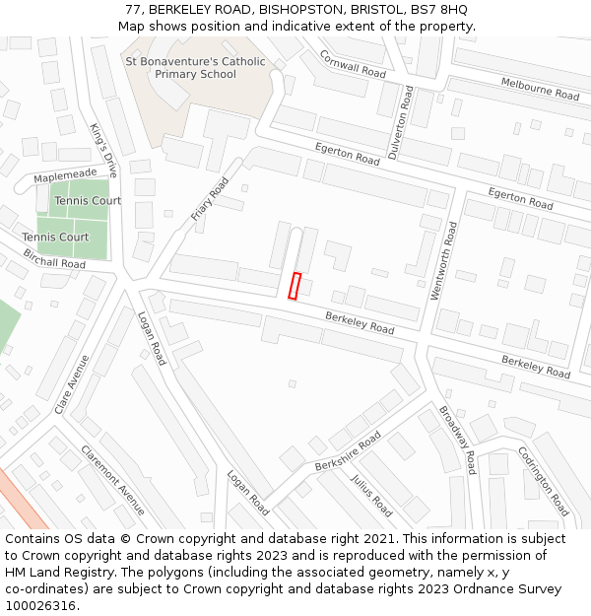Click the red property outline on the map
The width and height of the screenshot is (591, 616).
pyautogui.click(x=294, y=285)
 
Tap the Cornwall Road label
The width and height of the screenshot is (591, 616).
pyautogui.click(x=353, y=64)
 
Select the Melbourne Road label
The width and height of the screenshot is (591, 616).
pyautogui.click(x=540, y=89)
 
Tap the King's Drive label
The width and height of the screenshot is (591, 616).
pyautogui.click(x=102, y=151)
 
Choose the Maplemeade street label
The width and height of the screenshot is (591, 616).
pyautogui.click(x=65, y=174)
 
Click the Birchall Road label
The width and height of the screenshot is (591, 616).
pyautogui.click(x=53, y=263)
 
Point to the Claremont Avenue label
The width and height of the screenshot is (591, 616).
pyautogui.click(x=112, y=480)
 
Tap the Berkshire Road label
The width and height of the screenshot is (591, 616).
pyautogui.click(x=347, y=450)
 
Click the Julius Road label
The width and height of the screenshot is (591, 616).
pyautogui.click(x=370, y=496)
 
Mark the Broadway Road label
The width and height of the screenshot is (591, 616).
pyautogui.click(x=457, y=441)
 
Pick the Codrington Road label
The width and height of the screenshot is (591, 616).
pyautogui.click(x=543, y=483)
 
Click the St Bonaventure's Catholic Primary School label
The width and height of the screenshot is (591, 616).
pyautogui.click(x=195, y=68)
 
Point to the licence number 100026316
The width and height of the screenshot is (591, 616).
pyautogui.click(x=40, y=606)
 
